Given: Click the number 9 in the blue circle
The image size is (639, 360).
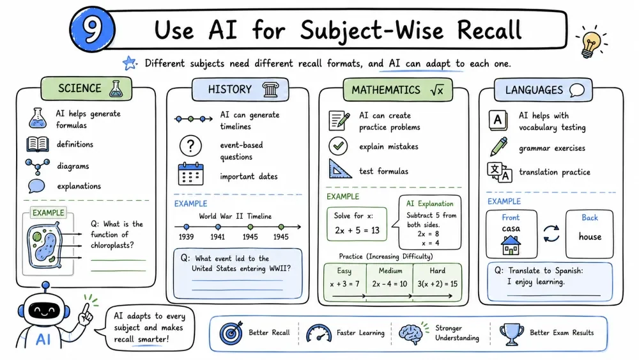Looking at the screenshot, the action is click(x=93, y=30).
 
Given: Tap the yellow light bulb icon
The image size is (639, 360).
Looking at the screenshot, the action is click(x=591, y=43).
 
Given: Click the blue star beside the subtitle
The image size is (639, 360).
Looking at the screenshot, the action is click(x=130, y=63).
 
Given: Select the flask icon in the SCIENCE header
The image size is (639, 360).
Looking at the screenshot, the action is click(x=116, y=88).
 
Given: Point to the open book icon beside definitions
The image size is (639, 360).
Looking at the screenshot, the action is click(x=38, y=145).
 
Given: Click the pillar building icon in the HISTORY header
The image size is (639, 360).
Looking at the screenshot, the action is click(x=270, y=90).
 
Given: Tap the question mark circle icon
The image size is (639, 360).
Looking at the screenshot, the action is click(x=190, y=146).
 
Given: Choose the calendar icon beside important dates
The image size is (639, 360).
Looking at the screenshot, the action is click(x=190, y=174).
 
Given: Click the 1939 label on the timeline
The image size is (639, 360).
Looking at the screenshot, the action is click(x=186, y=237).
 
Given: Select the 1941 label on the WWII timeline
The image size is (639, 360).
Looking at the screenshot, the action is click(x=218, y=237).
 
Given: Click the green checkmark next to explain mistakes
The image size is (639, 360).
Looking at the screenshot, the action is click(x=338, y=146).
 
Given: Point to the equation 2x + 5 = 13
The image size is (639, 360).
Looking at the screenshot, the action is click(x=357, y=230).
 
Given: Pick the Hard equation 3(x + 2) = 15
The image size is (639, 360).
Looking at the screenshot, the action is click(x=437, y=284).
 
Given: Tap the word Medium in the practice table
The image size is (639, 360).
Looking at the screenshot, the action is click(x=390, y=270).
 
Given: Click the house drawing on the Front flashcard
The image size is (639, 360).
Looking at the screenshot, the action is click(x=511, y=245).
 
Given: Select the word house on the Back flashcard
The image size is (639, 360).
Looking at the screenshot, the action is click(x=590, y=237).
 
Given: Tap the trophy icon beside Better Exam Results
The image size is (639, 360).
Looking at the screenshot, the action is click(x=511, y=334).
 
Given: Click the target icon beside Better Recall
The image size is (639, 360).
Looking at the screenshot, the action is click(x=231, y=333).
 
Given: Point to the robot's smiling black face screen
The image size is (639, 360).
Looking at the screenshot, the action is click(x=45, y=311).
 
